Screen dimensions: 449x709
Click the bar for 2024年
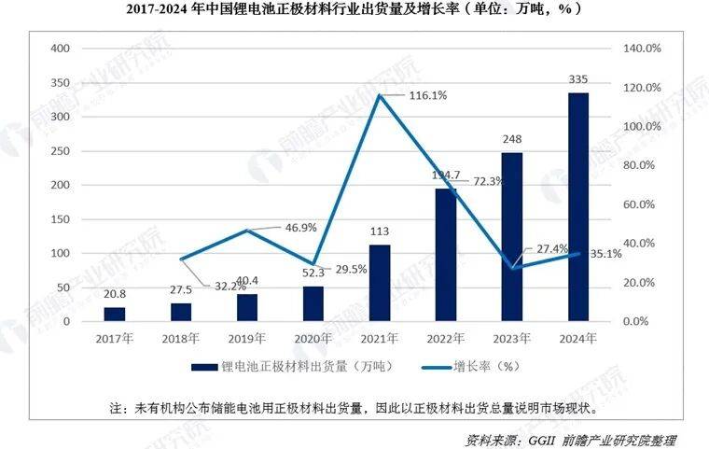pos(578,206)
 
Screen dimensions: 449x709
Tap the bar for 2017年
pos(114,314)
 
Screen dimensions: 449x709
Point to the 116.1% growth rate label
pos(427,95)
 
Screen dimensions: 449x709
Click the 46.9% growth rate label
pos(297,227)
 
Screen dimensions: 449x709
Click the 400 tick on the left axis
pos(59,49)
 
